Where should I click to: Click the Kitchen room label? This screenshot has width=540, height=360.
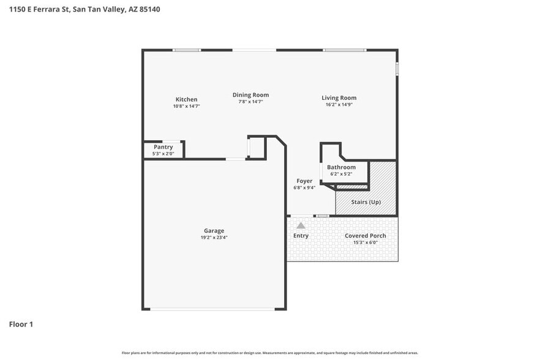186,99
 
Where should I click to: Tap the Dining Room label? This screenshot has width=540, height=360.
250,95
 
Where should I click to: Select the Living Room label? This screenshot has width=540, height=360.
339,98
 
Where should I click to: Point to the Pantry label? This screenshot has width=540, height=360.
163,147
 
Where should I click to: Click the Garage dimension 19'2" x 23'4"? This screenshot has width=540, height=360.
214,238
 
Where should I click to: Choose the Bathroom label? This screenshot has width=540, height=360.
341,167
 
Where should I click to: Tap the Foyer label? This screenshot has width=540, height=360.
304,181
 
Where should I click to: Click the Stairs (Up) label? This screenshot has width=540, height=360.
366,201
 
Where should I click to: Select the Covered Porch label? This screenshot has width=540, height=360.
365,236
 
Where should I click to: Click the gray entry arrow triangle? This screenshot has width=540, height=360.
301,225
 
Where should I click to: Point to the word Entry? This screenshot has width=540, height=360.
301,236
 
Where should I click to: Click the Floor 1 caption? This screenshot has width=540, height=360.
21,324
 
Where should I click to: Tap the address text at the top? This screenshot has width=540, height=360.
85,10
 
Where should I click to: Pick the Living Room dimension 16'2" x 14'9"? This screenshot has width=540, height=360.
339,105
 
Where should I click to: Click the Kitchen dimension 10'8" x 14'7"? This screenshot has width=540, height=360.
186,106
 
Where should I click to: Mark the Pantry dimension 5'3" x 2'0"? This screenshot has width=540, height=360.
163,154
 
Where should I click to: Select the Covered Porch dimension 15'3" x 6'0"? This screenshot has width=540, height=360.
365,242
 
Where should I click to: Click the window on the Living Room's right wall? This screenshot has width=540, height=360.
397,69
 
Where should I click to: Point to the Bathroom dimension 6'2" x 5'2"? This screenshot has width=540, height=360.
341,174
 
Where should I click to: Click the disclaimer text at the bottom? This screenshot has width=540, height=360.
270,353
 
